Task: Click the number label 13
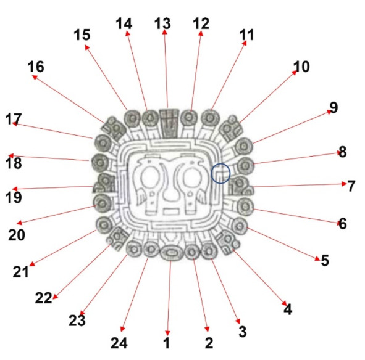(162, 23)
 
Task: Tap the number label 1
(166, 343)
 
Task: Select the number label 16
(36, 67)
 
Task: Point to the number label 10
(301, 67)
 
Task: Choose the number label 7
(351, 186)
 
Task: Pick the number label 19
(14, 197)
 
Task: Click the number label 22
(43, 298)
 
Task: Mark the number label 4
(288, 309)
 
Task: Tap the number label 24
(119, 343)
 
